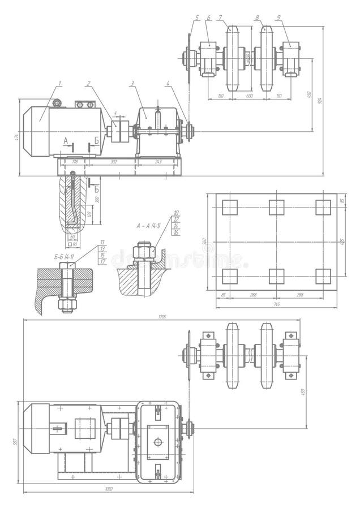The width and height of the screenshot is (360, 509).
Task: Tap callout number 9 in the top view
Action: (x=278, y=18)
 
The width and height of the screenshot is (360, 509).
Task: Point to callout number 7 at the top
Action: (x=220, y=18)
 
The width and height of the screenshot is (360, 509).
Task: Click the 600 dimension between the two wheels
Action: (x=249, y=96)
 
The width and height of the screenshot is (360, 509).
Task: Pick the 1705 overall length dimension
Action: (x=162, y=317)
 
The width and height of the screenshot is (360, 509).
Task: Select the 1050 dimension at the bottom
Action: (x=109, y=489)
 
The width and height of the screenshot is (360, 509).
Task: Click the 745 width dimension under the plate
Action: (x=276, y=304)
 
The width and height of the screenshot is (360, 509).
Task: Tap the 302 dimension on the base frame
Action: (x=113, y=162)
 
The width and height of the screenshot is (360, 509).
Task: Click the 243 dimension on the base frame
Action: (x=158, y=162)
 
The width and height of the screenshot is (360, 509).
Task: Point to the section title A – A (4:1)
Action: (x=148, y=226)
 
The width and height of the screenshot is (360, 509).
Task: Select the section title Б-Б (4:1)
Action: (x=65, y=257)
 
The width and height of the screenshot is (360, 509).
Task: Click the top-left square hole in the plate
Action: (x=230, y=208)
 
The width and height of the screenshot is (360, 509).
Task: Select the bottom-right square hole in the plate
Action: (x=323, y=276)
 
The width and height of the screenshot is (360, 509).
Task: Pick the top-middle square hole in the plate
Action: (x=276, y=208)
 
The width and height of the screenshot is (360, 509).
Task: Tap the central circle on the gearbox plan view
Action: (x=158, y=442)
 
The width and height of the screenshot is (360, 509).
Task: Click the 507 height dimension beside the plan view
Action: (x=16, y=442)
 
